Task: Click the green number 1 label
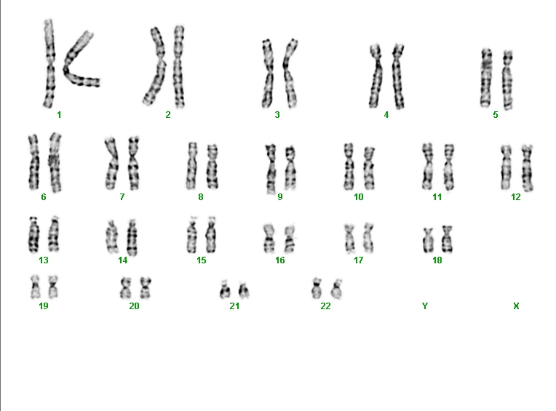coord(59,115)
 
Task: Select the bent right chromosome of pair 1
coord(68,71)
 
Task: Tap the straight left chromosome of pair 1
coord(49,64)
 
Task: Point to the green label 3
coord(277,115)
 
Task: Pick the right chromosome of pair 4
coord(398,76)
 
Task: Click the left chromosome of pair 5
coord(486,78)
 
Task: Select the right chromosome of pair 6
coord(55,162)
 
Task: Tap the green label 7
coord(122,197)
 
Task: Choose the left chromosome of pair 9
coord(271,169)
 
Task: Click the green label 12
coord(516,197)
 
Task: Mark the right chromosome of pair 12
coord(528,168)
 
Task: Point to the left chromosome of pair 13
coord(33,234)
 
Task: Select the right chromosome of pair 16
coord(290,239)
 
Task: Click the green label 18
coord(437,260)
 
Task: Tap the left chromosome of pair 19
coord(35,287)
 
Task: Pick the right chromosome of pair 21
coord(244,290)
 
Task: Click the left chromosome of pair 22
coord(317,288)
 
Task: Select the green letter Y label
coord(425,306)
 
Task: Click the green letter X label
coord(516,306)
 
